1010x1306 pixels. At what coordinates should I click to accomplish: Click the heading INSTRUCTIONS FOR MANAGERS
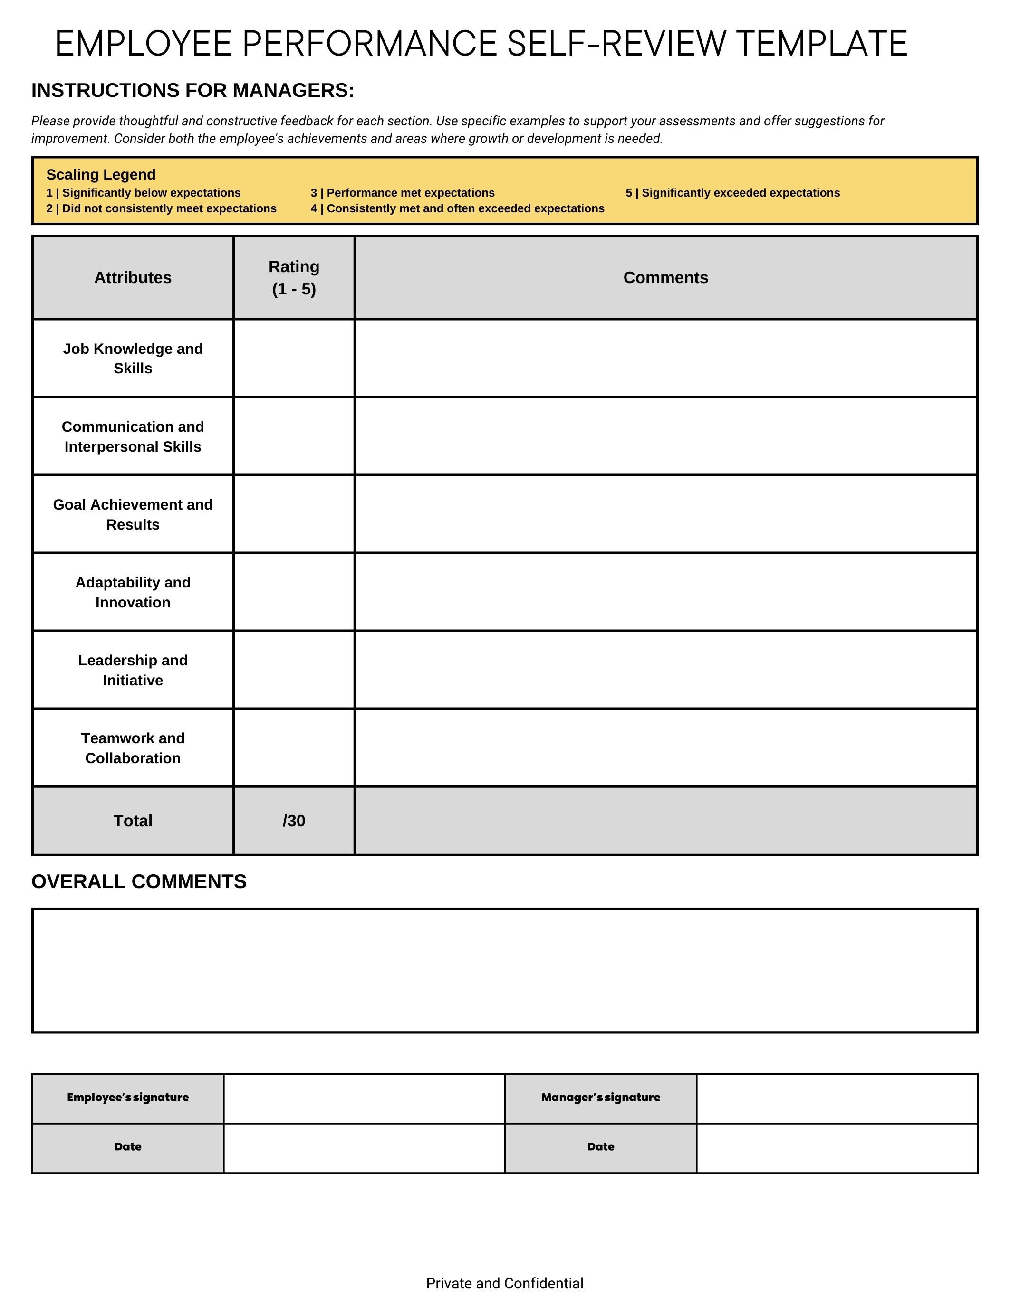click(192, 90)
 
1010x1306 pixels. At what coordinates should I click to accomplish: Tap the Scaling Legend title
click(100, 175)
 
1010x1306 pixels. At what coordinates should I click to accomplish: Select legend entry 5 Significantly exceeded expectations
click(732, 192)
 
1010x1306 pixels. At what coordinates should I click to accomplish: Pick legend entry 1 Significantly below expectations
click(143, 192)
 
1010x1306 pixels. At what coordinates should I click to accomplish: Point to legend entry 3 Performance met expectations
click(402, 192)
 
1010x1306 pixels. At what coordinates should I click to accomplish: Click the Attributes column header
click(133, 277)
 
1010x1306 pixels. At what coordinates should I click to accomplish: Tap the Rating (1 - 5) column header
click(294, 277)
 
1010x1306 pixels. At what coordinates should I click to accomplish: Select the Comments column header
click(665, 277)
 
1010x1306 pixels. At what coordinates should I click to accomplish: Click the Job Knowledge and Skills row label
click(133, 358)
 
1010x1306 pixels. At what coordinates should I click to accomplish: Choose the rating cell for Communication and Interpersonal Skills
click(294, 436)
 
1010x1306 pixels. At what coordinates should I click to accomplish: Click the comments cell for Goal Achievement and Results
click(665, 514)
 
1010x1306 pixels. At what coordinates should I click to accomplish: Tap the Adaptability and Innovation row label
click(133, 592)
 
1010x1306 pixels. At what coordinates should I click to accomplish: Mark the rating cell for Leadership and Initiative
click(294, 670)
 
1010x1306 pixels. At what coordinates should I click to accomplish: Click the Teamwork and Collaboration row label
click(133, 748)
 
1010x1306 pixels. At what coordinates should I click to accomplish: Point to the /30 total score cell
click(294, 821)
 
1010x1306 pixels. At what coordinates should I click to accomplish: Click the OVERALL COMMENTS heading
click(139, 881)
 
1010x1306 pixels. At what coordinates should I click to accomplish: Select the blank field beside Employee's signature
click(364, 1098)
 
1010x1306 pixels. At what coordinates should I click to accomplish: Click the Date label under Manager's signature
click(600, 1147)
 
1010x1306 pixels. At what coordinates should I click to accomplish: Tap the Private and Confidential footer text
click(504, 1283)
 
